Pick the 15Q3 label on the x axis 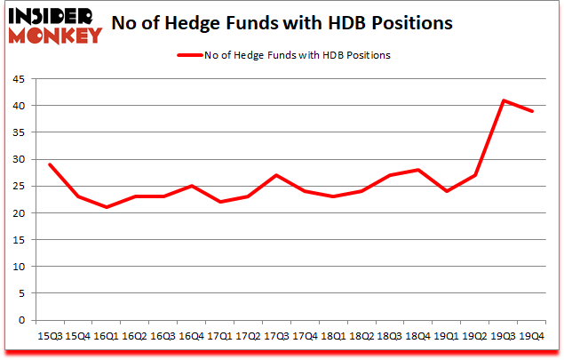[49, 337]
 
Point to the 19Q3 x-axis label [504, 337]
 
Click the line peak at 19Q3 [504, 100]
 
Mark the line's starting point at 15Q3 [50, 164]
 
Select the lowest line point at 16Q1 [107, 207]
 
